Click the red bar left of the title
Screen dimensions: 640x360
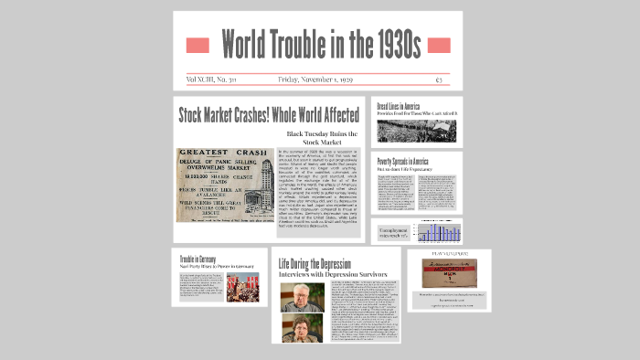pos(197,45)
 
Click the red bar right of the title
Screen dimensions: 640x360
pos(439,45)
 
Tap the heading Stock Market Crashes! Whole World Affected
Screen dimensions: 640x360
pos(268,115)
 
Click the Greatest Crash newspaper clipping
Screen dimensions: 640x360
pos(222,185)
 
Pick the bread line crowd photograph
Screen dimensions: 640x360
pos(416,130)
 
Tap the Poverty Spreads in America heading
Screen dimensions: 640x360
pos(403,161)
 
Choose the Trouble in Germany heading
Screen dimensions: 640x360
pos(202,259)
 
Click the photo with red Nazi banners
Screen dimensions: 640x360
pos(242,287)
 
